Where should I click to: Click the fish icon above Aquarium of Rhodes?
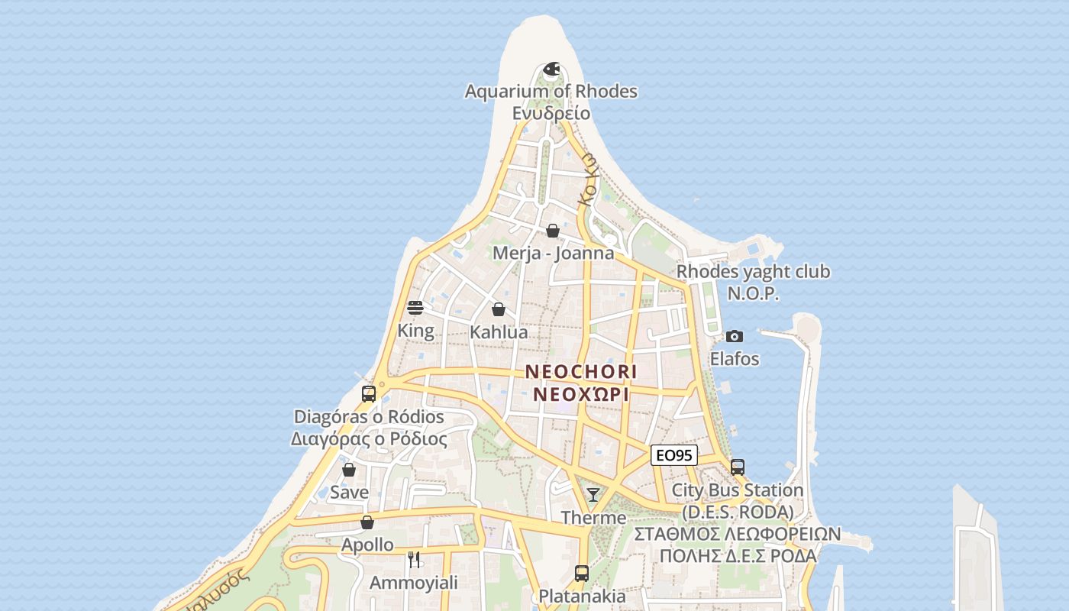pyautogui.click(x=551, y=70)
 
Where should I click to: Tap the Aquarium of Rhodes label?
pyautogui.click(x=551, y=92)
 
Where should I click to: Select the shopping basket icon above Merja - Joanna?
pyautogui.click(x=553, y=231)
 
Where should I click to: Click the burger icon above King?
pyautogui.click(x=415, y=308)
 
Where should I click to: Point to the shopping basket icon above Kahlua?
pyautogui.click(x=499, y=309)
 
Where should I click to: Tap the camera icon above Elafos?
pyautogui.click(x=735, y=336)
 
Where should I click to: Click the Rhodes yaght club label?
pyautogui.click(x=753, y=272)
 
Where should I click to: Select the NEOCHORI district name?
pyautogui.click(x=581, y=372)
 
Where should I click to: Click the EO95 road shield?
pyautogui.click(x=674, y=455)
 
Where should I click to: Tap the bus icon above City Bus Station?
pyautogui.click(x=738, y=467)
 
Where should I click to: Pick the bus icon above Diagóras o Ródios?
pyautogui.click(x=369, y=394)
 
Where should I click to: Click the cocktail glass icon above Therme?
pyautogui.click(x=593, y=495)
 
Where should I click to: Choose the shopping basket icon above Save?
pyautogui.click(x=349, y=470)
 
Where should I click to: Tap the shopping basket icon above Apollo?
pyautogui.click(x=367, y=522)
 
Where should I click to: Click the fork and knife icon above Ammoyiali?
pyautogui.click(x=414, y=560)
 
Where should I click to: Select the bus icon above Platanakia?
pyautogui.click(x=582, y=573)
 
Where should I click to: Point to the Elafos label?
pyautogui.click(x=735, y=358)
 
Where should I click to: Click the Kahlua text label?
pyautogui.click(x=499, y=332)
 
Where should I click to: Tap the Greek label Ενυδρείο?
pyautogui.click(x=551, y=113)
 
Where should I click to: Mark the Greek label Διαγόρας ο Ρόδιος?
pyautogui.click(x=369, y=439)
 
